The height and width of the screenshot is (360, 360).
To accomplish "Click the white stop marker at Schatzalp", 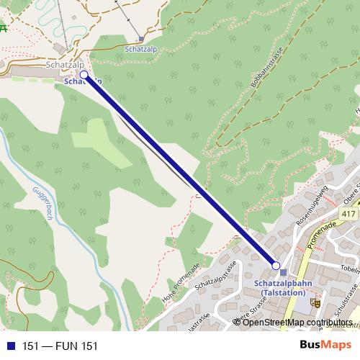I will pos(84,74).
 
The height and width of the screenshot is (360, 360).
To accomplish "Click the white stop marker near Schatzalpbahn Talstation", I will pos(275,266).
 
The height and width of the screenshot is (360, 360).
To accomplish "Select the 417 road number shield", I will pos(350,215).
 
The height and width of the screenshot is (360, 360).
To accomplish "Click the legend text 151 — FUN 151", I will pos(60,346).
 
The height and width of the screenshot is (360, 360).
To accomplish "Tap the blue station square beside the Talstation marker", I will pos(284,272).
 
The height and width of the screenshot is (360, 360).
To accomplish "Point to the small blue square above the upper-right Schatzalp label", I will pos(141,39).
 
